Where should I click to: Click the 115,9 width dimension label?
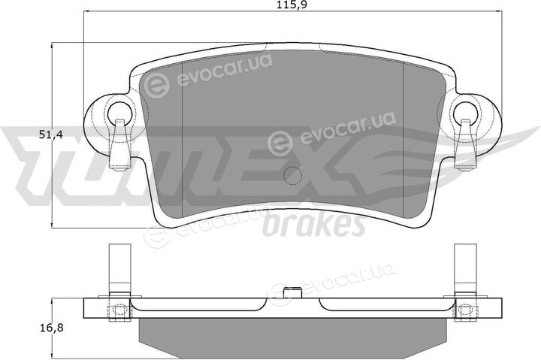click(292, 5)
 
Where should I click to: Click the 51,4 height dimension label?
click(50, 135)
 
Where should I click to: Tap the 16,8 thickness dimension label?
click(50, 328)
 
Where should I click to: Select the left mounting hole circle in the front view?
click(121, 112)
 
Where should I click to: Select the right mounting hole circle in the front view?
click(466, 112)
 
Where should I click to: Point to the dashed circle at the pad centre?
click(292, 176)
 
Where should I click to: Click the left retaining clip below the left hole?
click(119, 144)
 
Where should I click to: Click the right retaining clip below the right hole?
click(465, 144)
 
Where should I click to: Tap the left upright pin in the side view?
click(120, 270)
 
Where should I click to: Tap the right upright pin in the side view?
click(465, 270)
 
